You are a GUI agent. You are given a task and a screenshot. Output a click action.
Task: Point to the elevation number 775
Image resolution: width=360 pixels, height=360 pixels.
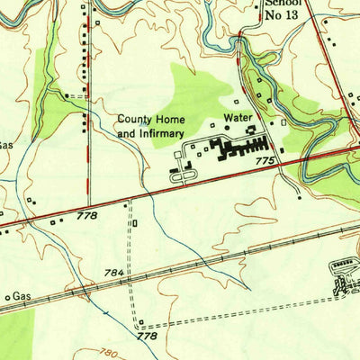coord(264,160)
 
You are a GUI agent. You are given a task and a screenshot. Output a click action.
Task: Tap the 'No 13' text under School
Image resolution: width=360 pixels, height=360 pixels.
coord(281,16)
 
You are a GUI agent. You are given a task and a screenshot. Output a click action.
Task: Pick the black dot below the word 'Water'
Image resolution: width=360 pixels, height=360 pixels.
coord(248,130)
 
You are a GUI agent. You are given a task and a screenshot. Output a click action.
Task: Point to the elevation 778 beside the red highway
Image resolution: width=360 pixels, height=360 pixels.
coord(87,215)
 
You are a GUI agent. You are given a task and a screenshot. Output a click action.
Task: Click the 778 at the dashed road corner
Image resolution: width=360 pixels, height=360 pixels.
coord(147,336)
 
